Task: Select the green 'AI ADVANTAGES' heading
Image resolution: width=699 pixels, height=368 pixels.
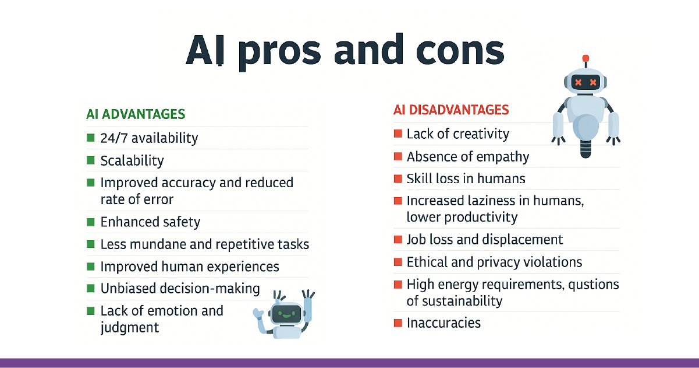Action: click(136, 114)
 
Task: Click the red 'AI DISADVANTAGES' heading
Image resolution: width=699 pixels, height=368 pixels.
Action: click(451, 110)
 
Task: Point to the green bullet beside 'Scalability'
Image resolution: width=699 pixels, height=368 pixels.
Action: click(90, 160)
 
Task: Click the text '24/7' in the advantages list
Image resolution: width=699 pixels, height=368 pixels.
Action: click(114, 138)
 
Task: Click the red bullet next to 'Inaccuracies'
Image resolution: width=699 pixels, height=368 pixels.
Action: click(398, 323)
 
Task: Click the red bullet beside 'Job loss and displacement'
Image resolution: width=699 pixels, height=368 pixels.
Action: click(398, 240)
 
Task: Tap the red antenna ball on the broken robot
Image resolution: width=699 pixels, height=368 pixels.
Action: click(586, 58)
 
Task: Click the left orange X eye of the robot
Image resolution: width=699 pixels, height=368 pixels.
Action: click(579, 82)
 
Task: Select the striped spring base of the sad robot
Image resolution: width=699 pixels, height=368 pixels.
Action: click(586, 149)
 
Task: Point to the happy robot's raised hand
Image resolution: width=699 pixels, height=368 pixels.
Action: click(308, 295)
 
